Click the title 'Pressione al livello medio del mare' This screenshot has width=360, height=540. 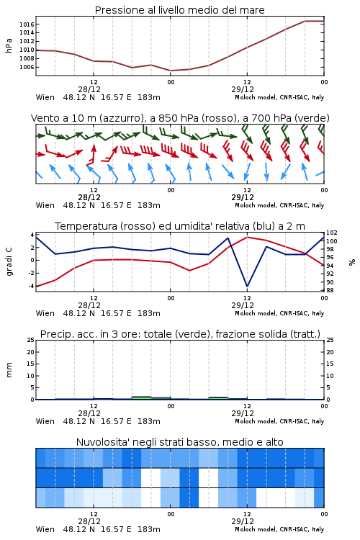coord(179,10)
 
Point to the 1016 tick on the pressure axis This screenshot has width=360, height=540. coord(27,24)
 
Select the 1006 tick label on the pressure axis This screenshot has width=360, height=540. coord(27,67)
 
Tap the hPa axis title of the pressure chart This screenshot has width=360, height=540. coord(9,45)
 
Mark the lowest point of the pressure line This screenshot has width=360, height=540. coord(171,71)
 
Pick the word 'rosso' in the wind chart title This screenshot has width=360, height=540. coord(216,118)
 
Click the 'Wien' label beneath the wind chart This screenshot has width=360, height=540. coord(45,205)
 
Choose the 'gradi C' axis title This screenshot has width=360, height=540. coord(9,261)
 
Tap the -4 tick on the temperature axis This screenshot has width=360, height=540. coord(31,286)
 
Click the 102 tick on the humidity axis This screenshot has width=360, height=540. coord(332,233)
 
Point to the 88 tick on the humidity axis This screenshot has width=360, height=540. coord(330,290)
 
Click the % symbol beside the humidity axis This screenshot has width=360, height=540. coord(352,262)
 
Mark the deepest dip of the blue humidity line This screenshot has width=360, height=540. coord(247,286)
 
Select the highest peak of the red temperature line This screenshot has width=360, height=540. coord(247,237)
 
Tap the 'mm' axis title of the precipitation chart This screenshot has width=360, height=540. coord(9,370)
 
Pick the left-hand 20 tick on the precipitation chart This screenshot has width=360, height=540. coord(31,352)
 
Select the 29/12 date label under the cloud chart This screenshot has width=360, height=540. coord(243,521)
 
